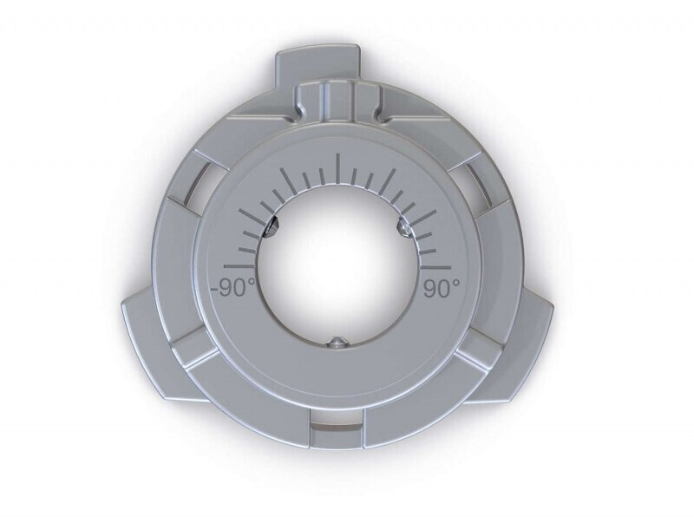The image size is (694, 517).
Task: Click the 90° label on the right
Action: (x=442, y=289)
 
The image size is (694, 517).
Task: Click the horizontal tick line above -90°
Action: (x=239, y=266)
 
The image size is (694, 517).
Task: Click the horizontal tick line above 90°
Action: (x=436, y=267)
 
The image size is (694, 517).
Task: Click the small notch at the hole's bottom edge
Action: (x=337, y=342)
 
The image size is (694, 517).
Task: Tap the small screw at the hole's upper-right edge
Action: (x=404, y=226)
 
